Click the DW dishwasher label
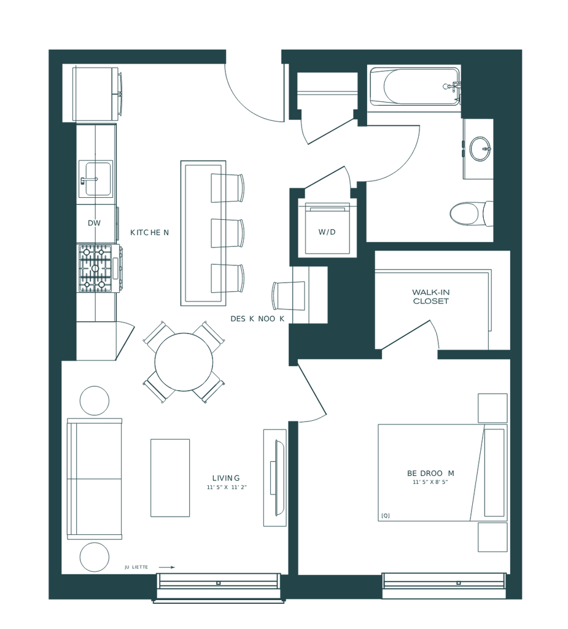click(x=94, y=223)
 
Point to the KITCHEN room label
click(x=149, y=233)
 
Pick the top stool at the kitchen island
click(x=227, y=187)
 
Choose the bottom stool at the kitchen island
click(x=227, y=278)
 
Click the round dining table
click(x=184, y=362)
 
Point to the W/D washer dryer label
click(x=326, y=232)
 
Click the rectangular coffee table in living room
click(x=169, y=477)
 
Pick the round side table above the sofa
click(x=95, y=400)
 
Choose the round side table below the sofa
click(x=95, y=557)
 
